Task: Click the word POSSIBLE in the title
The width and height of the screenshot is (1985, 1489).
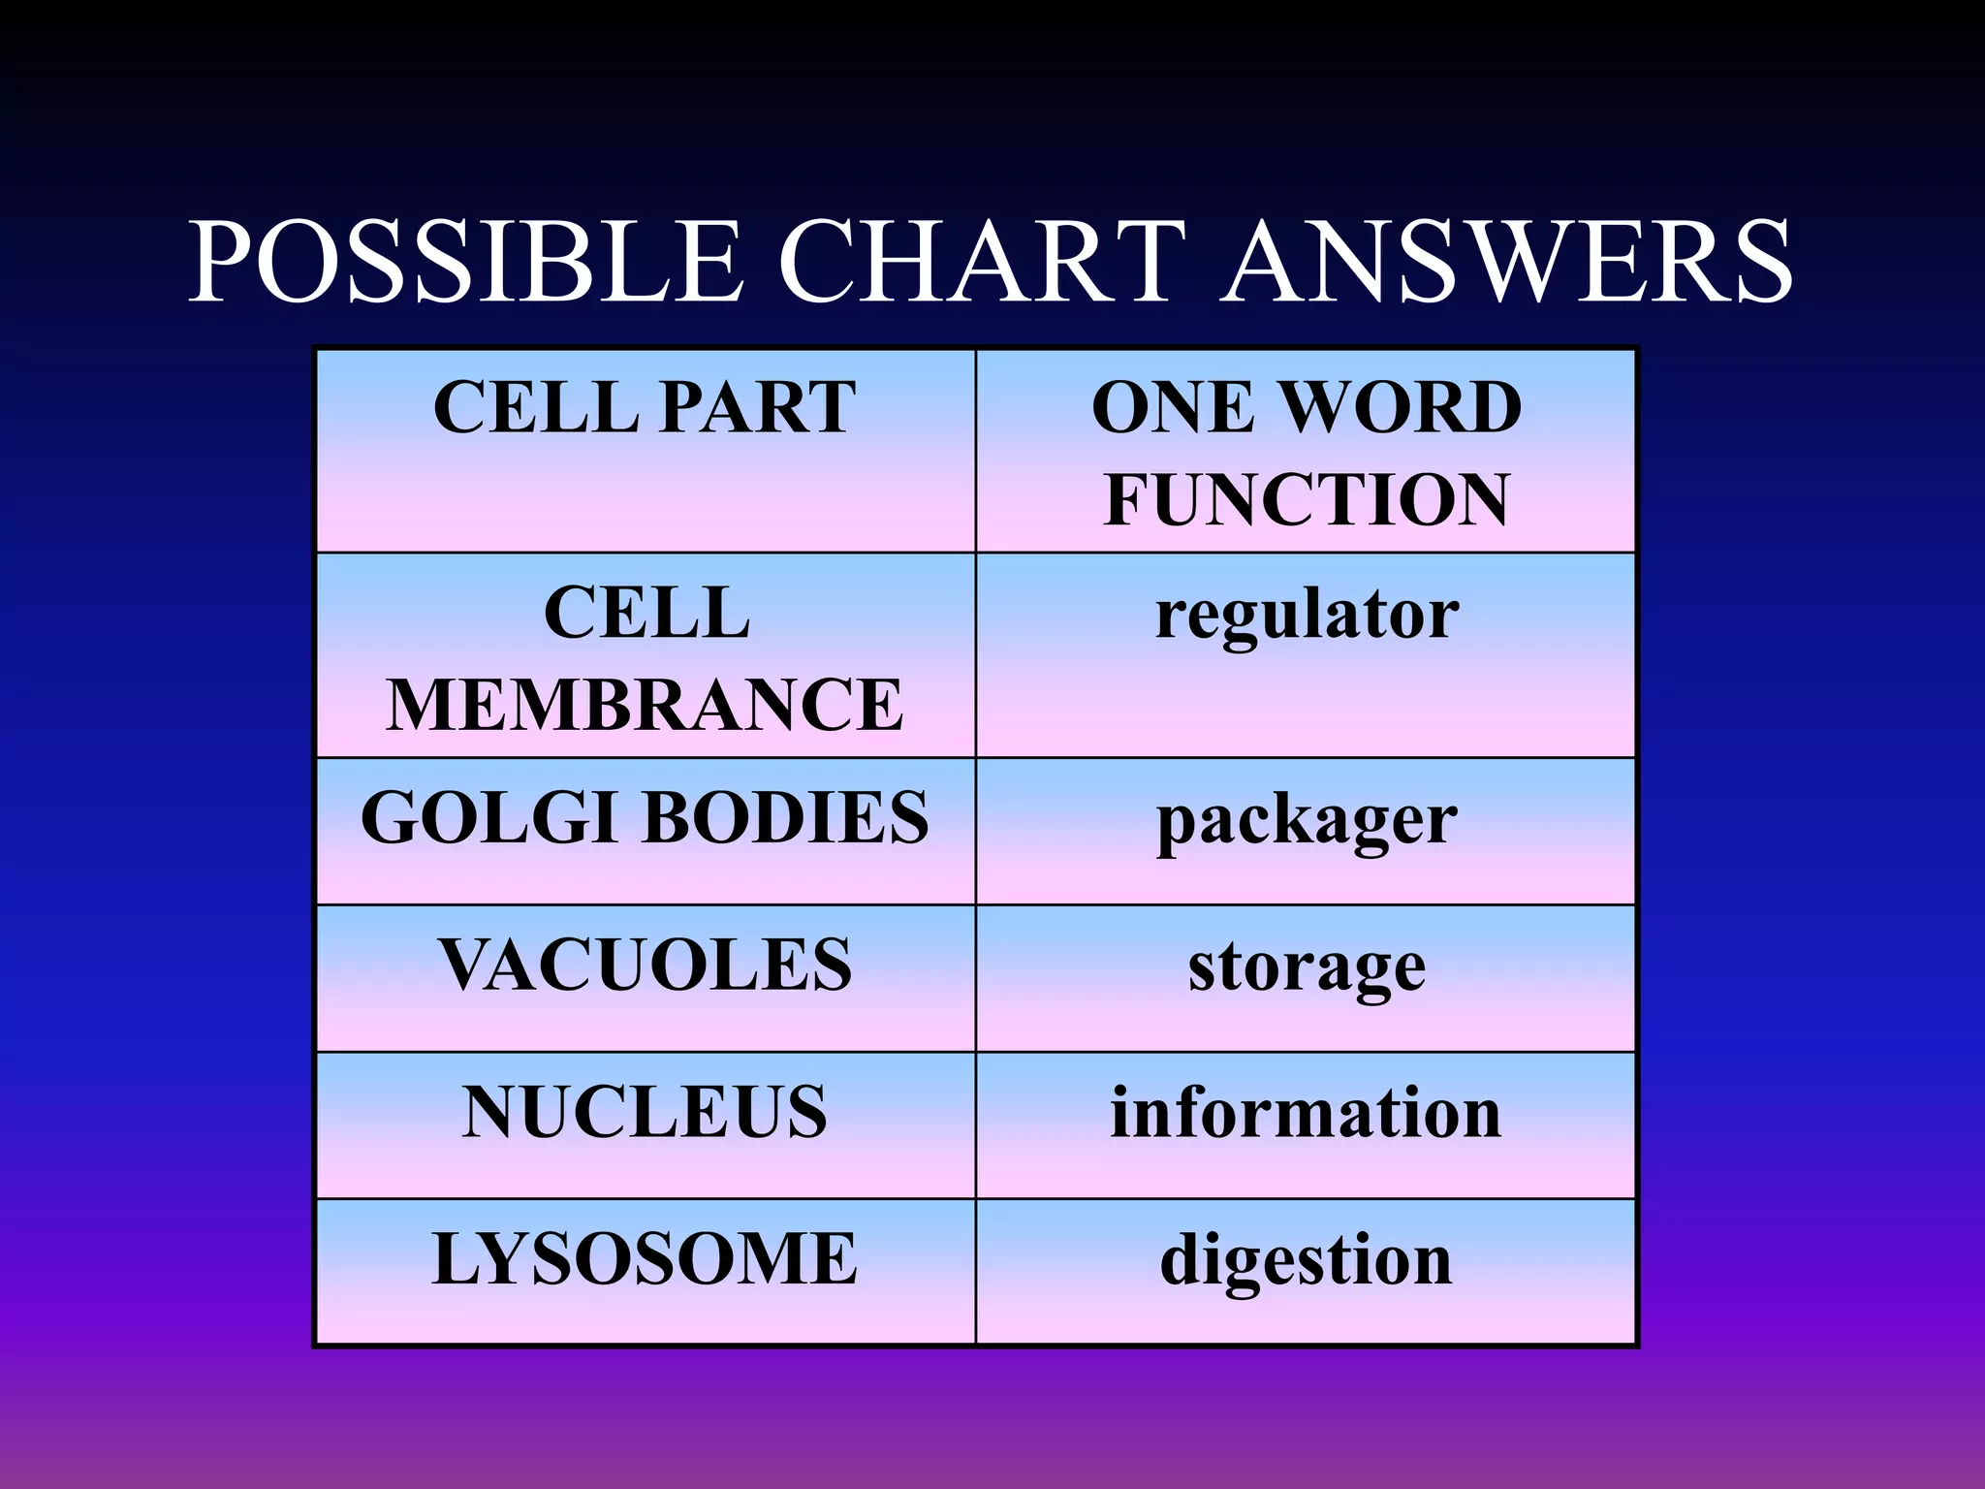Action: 465,262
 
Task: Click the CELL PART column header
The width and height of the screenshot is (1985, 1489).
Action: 645,407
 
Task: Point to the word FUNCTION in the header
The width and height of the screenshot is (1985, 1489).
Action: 1307,500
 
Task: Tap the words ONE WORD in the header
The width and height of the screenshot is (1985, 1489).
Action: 1307,407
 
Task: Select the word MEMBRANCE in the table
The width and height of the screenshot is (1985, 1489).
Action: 645,705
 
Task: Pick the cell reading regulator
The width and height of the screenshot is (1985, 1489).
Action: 1307,615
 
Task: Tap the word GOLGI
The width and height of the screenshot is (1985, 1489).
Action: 488,817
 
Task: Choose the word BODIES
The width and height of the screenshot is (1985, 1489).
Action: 785,817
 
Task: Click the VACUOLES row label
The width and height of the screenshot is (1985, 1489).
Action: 645,965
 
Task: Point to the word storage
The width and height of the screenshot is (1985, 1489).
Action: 1307,967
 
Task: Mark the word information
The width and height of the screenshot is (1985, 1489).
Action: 1306,1112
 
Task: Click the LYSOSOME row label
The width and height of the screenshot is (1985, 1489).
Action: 645,1258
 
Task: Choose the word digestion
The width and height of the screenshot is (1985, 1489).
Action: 1306,1260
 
